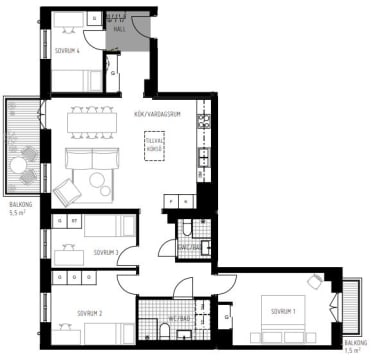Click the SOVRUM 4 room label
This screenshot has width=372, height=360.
(67, 49)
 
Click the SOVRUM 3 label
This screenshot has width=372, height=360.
(106, 253)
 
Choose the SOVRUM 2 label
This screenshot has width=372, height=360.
(91, 312)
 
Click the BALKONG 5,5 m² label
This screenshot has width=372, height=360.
(19, 209)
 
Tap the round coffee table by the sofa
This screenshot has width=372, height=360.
(99, 182)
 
